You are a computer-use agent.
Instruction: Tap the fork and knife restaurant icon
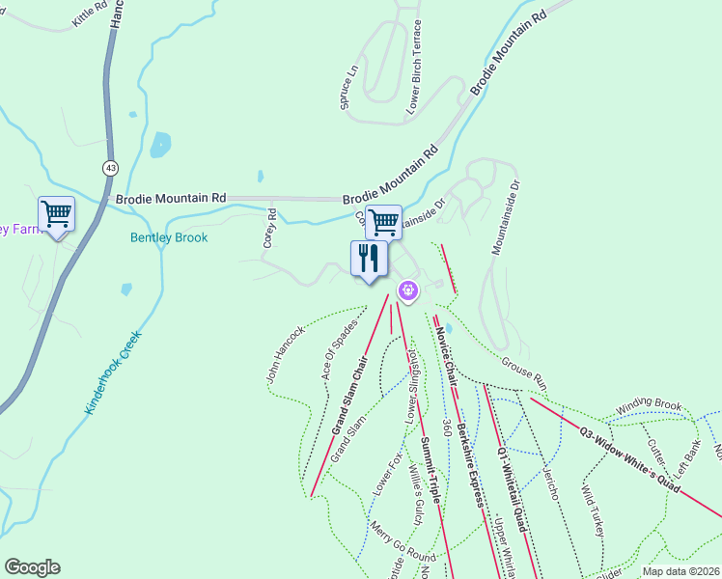(x=369, y=258)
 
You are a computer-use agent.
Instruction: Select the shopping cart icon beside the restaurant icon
(x=384, y=222)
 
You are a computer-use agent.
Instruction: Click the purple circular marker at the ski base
(x=408, y=289)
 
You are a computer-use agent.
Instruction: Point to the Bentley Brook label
(x=169, y=237)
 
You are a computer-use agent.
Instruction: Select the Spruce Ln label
(x=348, y=88)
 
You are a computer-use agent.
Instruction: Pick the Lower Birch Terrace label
(x=415, y=68)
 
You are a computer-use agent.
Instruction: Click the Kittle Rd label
(x=90, y=14)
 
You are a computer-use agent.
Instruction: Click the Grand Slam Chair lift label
(x=350, y=397)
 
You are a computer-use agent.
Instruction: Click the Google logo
(x=32, y=567)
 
